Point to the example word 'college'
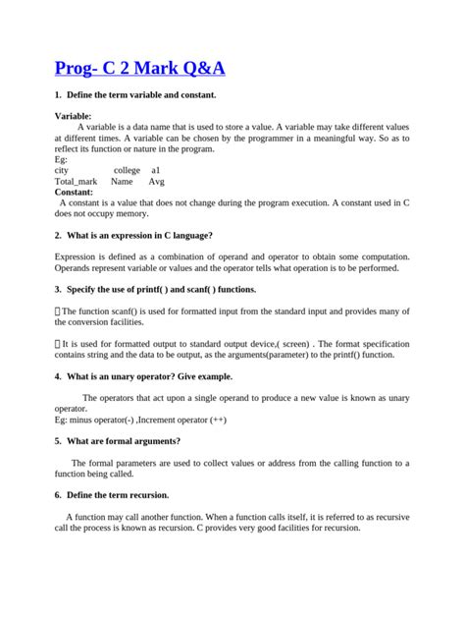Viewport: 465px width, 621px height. [127, 170]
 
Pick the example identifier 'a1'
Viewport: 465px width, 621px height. [157, 170]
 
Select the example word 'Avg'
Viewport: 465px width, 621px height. [157, 182]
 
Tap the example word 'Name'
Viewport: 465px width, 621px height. [122, 182]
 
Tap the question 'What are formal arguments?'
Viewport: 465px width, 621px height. [123, 441]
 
